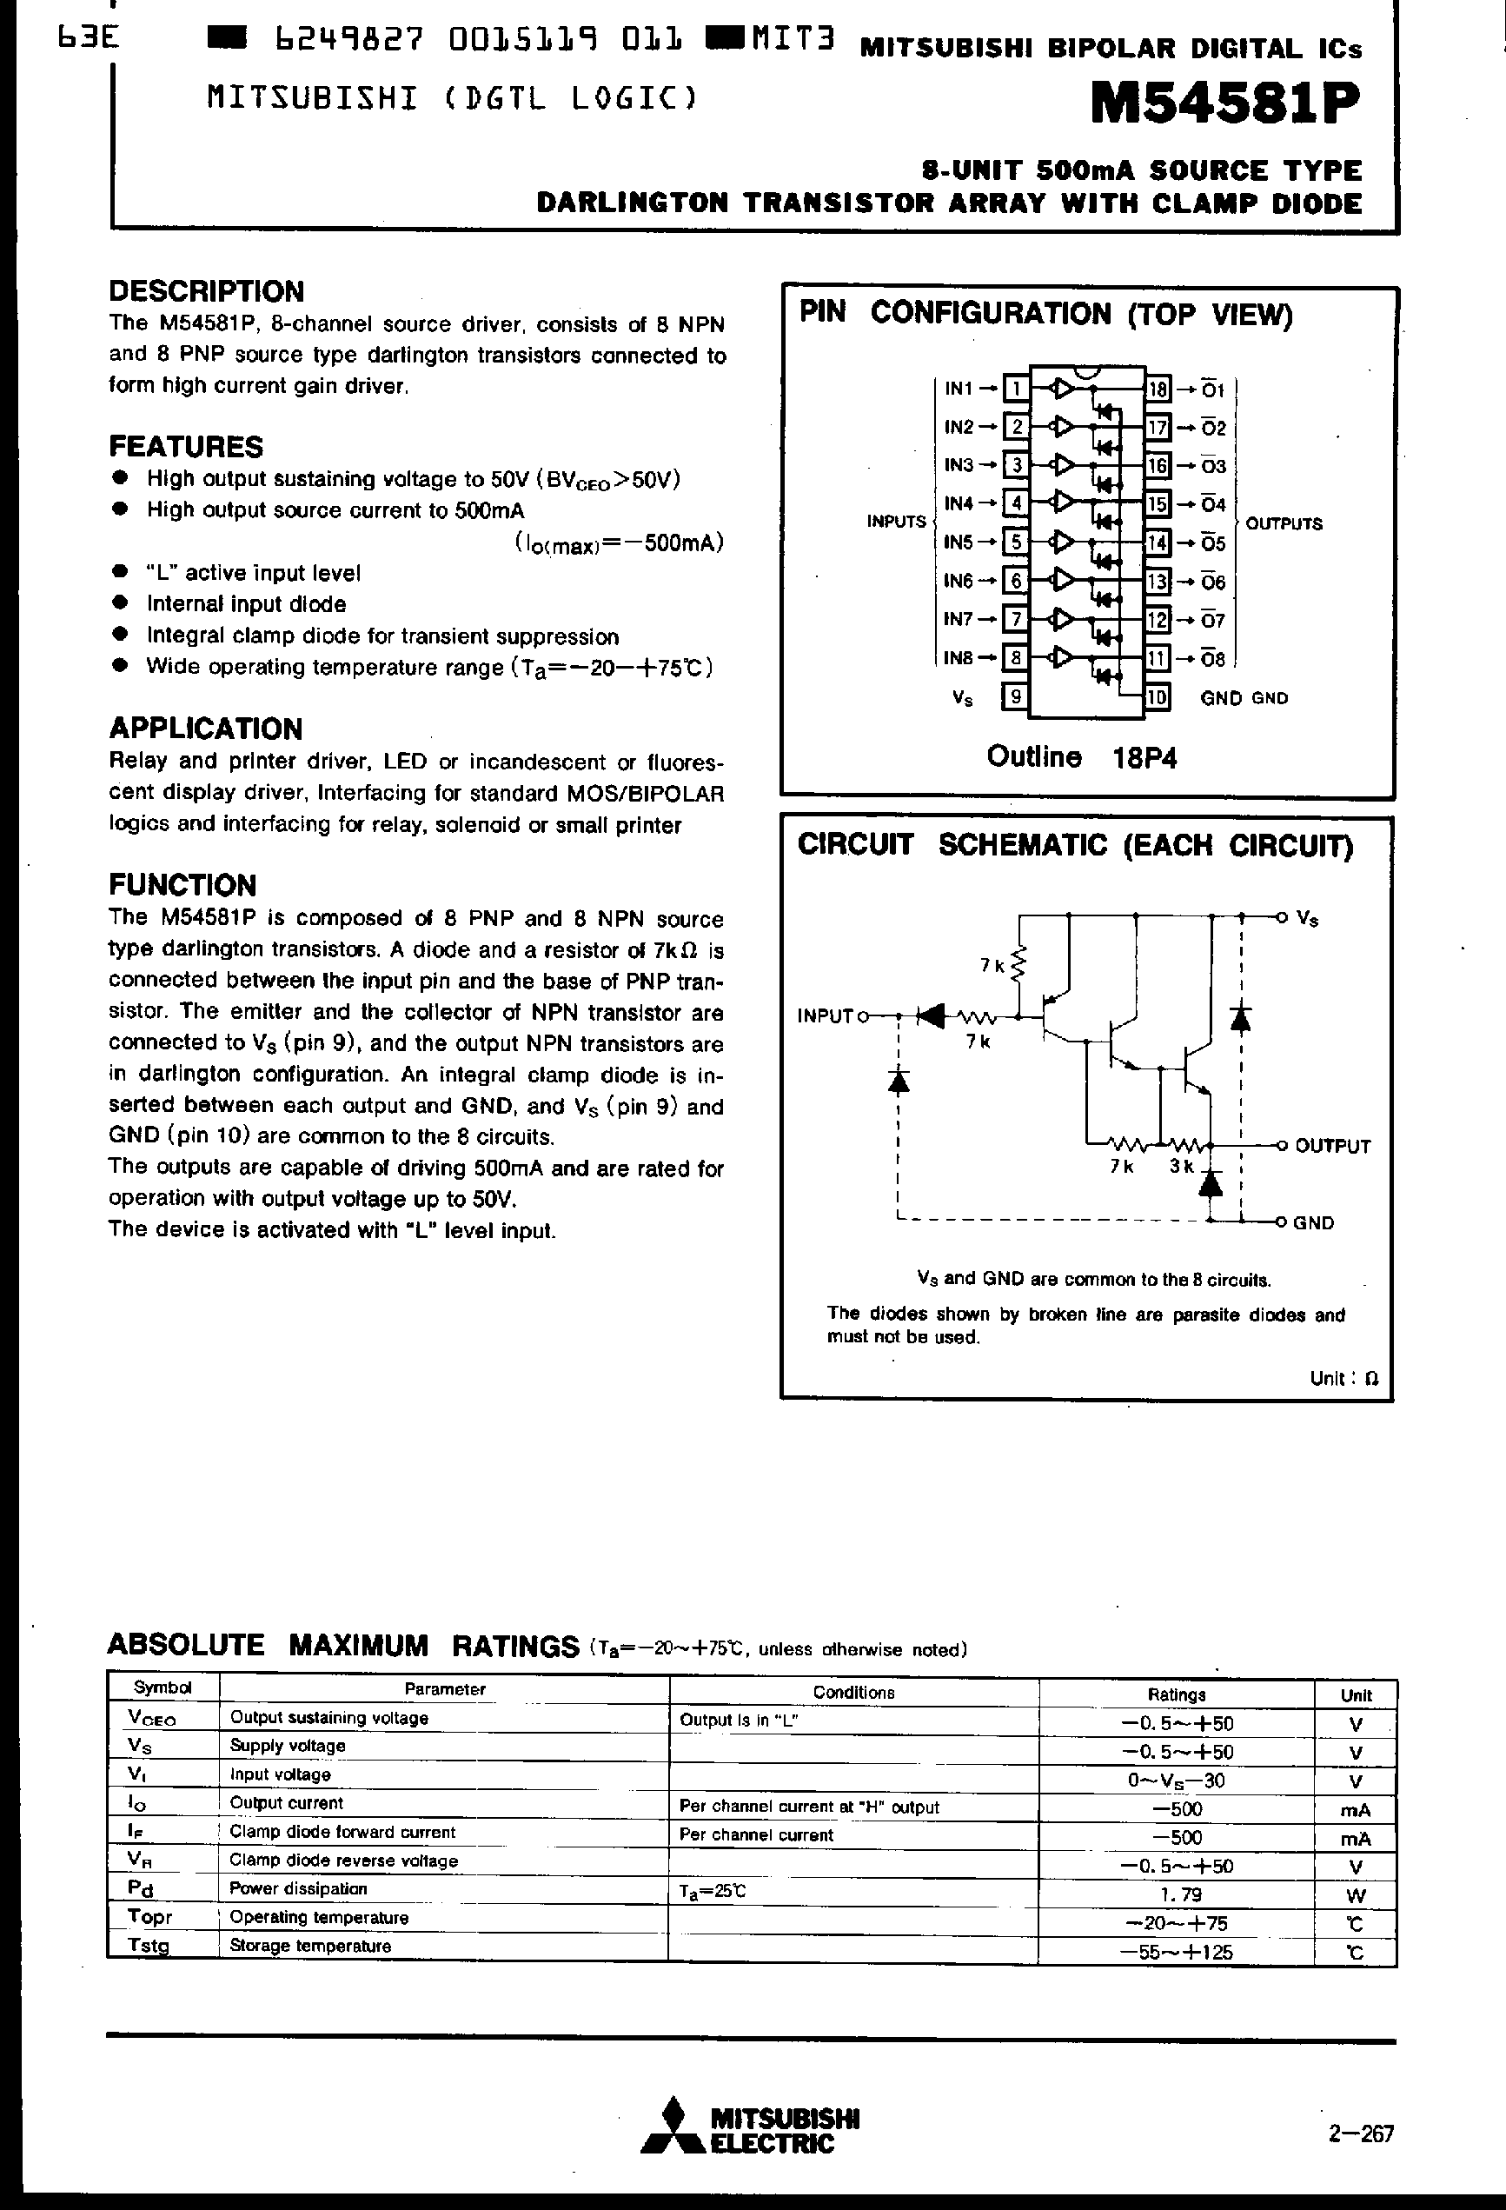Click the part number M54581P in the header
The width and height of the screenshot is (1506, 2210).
pos(1224,104)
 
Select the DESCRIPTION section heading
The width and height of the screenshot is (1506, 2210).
pos(206,291)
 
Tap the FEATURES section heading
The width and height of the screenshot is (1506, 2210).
pos(185,446)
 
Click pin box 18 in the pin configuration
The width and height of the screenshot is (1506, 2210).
pos(1157,388)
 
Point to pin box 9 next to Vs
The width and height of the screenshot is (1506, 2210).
pos(1015,697)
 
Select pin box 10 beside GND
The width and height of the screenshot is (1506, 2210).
pos(1157,697)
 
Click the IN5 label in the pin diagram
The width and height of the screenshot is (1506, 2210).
pos(958,542)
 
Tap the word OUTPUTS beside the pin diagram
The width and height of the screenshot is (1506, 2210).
pos(1284,524)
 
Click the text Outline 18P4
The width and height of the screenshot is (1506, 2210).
pos(1081,757)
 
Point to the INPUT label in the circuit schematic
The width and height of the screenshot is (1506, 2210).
pos(826,1015)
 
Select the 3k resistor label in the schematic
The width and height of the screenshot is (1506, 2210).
pos(1181,1166)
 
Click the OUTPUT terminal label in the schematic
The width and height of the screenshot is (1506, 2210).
pos(1332,1146)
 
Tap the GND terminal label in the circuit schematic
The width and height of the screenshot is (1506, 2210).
pos(1313,1223)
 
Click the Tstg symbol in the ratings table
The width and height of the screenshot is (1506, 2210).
pos(149,1946)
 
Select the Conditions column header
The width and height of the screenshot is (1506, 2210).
pos(853,1692)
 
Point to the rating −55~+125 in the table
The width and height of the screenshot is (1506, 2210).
pos(1177,1953)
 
